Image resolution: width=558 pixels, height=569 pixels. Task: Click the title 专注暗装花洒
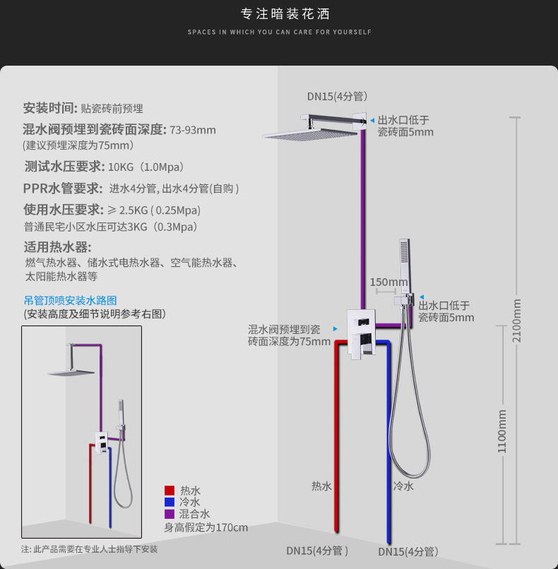285,14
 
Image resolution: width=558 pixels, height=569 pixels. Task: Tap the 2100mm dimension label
516,321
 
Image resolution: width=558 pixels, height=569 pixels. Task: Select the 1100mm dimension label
501,431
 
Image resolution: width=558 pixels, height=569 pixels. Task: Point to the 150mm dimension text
388,282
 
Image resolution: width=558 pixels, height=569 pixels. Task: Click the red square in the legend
170,490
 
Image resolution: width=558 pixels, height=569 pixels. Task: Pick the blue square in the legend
170,502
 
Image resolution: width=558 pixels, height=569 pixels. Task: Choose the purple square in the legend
170,514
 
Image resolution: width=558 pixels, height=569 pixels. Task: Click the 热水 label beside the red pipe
321,486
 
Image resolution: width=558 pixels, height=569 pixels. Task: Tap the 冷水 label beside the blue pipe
403,486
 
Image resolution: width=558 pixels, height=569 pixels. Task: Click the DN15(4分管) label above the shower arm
337,96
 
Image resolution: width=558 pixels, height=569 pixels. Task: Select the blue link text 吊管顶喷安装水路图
71,301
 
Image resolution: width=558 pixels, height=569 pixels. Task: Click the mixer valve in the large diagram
361,334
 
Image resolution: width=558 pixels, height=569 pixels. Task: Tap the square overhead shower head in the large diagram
310,134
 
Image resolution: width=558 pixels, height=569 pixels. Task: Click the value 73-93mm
193,130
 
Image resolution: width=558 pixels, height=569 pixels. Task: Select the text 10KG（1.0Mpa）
146,167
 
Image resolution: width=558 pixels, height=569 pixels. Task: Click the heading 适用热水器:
57,247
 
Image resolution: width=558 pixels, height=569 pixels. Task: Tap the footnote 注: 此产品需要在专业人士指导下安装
89,549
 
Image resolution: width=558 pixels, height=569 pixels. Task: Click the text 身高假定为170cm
206,527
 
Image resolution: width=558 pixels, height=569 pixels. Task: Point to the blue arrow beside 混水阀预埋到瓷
336,329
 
